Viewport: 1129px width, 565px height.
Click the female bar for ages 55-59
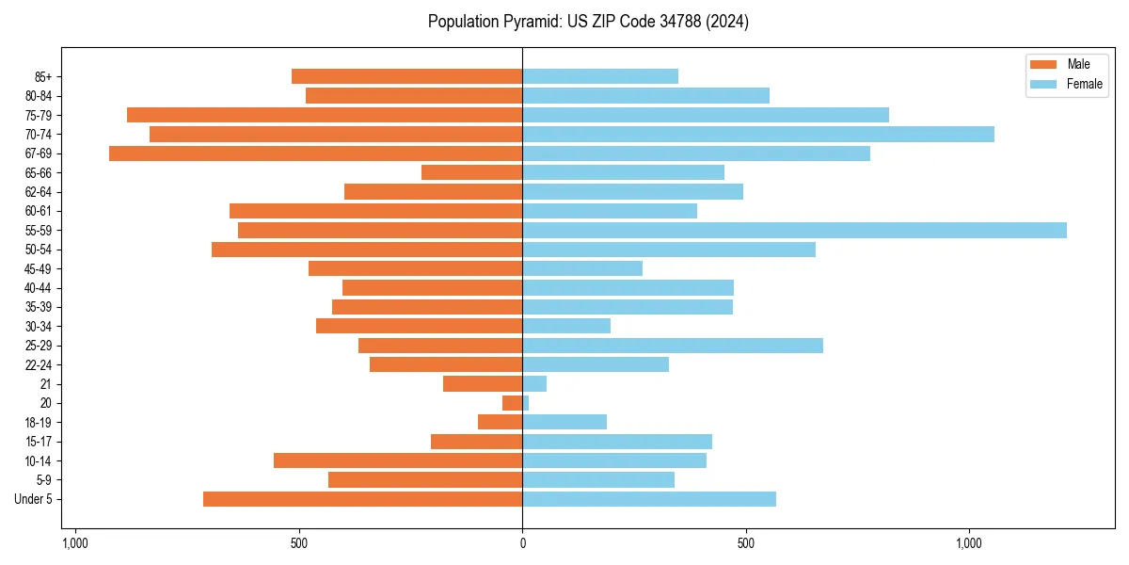pos(794,231)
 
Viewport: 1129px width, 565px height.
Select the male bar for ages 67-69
pos(315,153)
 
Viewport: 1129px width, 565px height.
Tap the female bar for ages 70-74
pos(758,135)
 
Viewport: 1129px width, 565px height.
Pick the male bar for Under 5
pos(362,499)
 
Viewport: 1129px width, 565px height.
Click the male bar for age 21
pos(483,384)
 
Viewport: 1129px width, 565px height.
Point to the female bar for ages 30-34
pos(566,327)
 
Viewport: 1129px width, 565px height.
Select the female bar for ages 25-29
pos(673,346)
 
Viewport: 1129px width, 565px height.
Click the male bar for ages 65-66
pos(471,172)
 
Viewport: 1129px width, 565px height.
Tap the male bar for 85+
pos(406,76)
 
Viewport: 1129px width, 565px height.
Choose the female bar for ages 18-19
pos(564,422)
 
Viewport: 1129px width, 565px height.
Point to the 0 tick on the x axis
pos(522,543)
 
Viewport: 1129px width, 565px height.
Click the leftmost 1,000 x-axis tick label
pos(75,543)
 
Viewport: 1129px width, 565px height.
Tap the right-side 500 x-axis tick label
pos(745,543)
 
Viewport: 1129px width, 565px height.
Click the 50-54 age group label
pos(39,250)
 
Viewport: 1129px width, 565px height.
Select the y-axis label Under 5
pos(33,499)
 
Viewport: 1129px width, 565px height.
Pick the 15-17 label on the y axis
pos(39,442)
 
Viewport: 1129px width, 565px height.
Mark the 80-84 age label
pos(39,96)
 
